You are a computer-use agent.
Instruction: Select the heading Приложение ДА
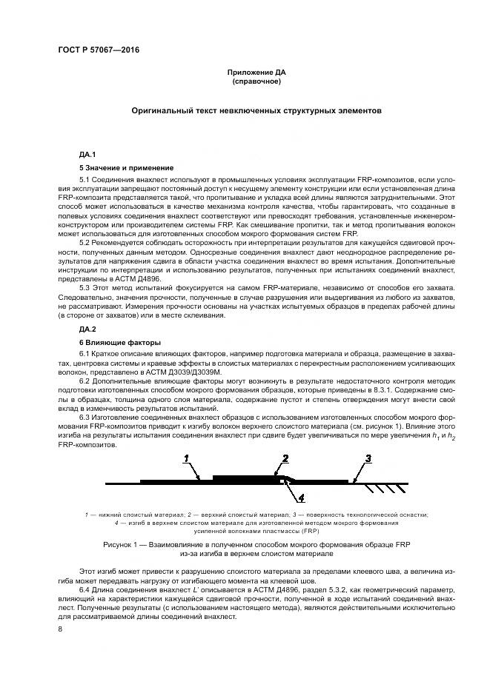point(256,73)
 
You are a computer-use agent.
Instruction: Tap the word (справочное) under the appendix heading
point(256,81)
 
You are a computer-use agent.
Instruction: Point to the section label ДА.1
point(87,154)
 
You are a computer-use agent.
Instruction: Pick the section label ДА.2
point(87,328)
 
